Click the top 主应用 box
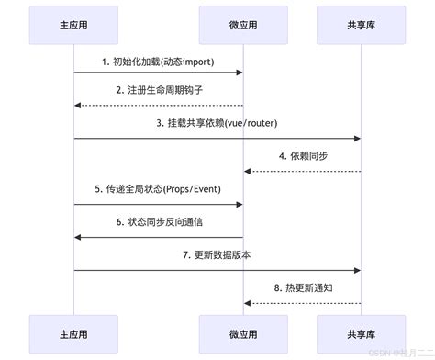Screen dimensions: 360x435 (73, 24)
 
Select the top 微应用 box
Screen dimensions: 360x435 (243, 24)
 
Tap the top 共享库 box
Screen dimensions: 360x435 (361, 24)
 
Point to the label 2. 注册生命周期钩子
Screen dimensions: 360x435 (158, 90)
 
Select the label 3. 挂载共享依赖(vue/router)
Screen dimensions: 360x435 (217, 122)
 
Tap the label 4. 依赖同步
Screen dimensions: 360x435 (302, 155)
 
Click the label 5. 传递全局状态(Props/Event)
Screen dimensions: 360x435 (158, 188)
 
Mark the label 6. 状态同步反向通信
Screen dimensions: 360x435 (158, 221)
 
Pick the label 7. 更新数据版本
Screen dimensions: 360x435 (217, 253)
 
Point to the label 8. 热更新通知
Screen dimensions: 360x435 (302, 287)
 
